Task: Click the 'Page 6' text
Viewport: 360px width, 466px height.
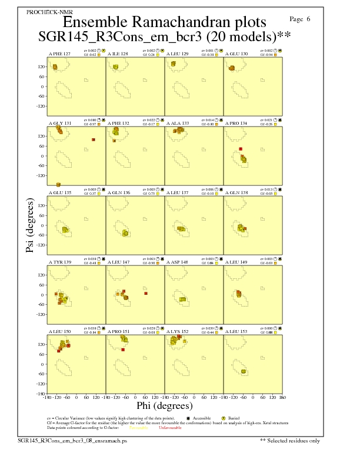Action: coord(301,19)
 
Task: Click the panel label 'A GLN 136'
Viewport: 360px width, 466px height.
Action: coord(118,192)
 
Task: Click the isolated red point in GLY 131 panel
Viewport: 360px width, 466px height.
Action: coord(93,139)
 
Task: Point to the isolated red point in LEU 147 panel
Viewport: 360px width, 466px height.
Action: coord(145,293)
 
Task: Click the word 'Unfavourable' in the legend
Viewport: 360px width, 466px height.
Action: coord(169,428)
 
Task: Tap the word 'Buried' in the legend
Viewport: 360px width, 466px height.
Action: coord(225,418)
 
